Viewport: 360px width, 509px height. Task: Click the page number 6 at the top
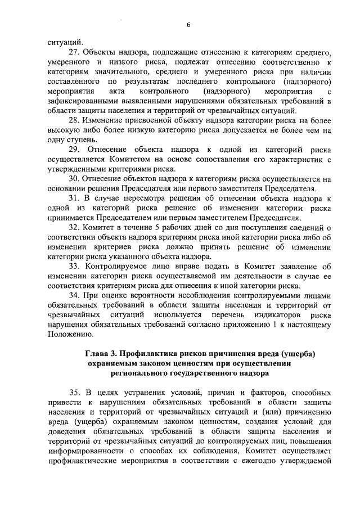(188, 25)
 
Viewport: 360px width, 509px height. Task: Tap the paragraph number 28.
(73, 121)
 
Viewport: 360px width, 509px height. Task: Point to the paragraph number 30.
(73, 179)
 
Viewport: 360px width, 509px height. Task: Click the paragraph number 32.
(73, 228)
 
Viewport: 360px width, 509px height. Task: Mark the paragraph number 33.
(74, 267)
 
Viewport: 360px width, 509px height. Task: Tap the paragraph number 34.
(73, 295)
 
